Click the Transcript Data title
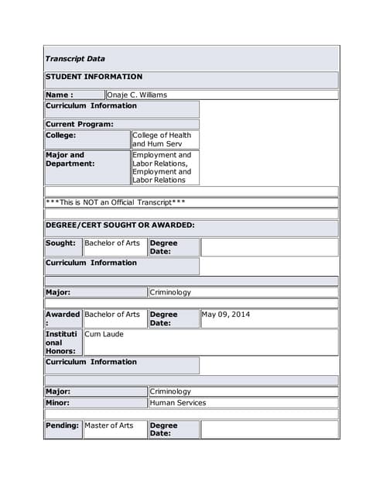[75, 59]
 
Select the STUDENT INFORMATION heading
[94, 77]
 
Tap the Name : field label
[60, 95]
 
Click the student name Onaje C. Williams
[137, 95]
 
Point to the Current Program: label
[80, 124]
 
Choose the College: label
[61, 135]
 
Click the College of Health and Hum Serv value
[161, 139]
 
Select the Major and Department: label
[70, 159]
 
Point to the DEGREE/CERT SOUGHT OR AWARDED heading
[120, 226]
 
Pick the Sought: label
[61, 243]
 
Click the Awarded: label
[63, 319]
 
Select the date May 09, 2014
[226, 315]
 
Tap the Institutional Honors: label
[62, 342]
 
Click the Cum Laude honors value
[104, 334]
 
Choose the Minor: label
[58, 403]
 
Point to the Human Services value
[178, 403]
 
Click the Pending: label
[63, 425]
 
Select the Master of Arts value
[109, 425]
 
